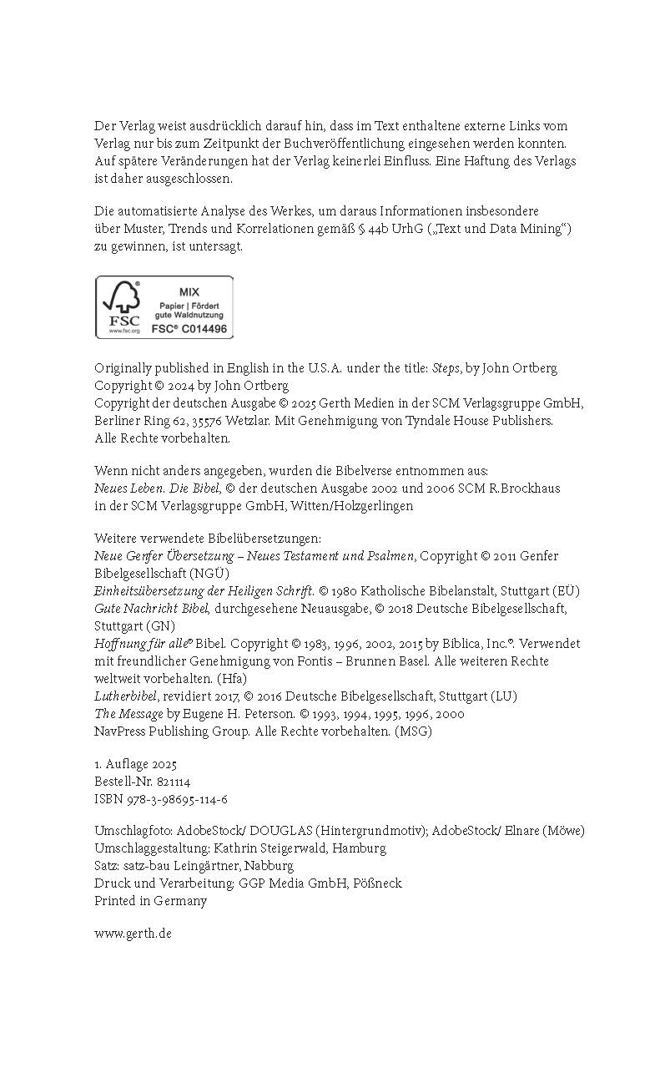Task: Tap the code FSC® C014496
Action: click(x=189, y=329)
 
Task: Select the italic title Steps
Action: click(x=446, y=368)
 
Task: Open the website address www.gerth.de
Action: click(x=133, y=933)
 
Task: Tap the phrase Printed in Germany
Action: click(x=150, y=900)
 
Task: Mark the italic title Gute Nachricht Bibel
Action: click(x=151, y=608)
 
